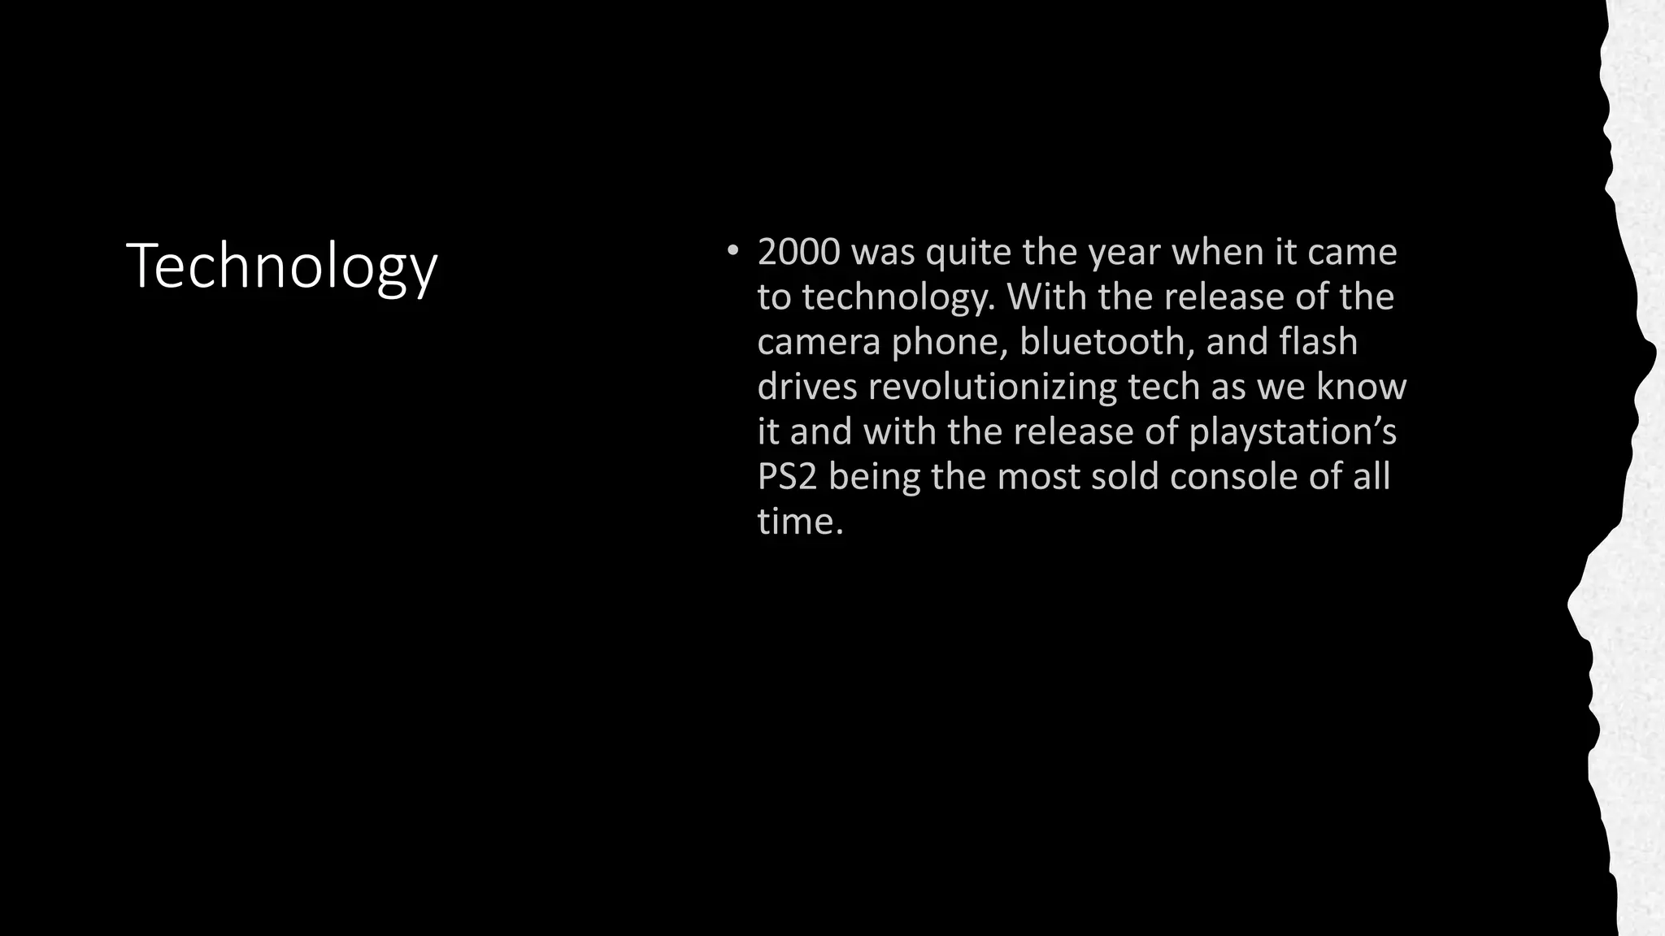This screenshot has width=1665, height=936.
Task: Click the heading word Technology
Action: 282,266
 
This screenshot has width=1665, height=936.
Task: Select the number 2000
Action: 798,253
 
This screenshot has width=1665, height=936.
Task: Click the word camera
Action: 819,342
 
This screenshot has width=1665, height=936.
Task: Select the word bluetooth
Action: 1107,342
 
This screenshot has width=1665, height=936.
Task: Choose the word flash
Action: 1318,342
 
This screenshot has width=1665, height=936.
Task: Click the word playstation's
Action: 1293,432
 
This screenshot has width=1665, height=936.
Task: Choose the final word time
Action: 800,521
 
